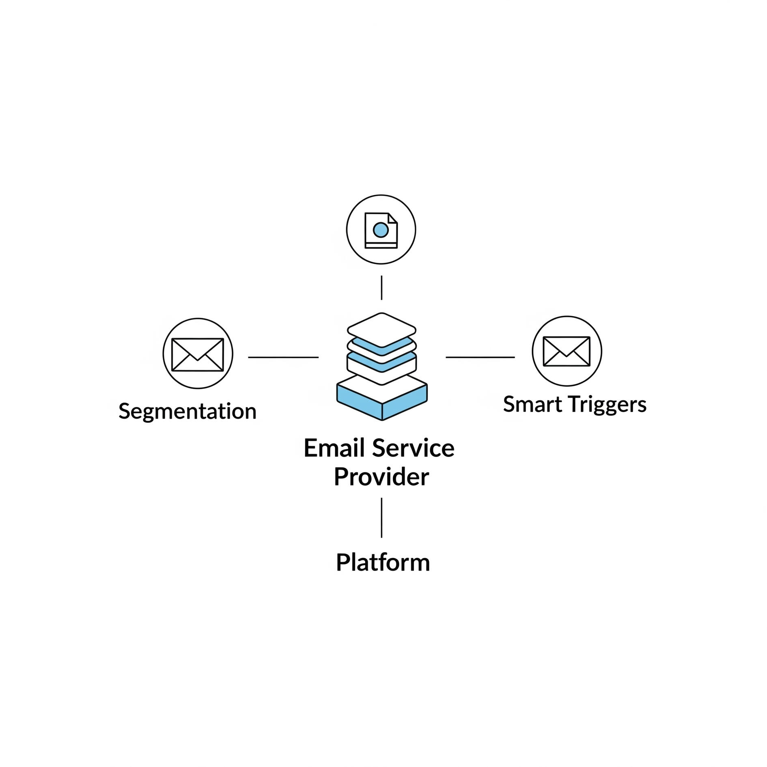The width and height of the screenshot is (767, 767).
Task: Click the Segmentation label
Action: click(x=187, y=411)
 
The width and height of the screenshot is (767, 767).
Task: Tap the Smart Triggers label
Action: click(x=575, y=404)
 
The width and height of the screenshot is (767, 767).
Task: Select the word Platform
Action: click(x=383, y=562)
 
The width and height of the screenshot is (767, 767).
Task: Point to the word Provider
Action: click(x=381, y=477)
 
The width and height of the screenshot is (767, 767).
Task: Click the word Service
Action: click(x=413, y=448)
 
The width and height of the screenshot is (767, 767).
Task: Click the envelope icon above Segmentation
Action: click(x=198, y=354)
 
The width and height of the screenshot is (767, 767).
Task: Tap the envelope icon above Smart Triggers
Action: click(x=567, y=351)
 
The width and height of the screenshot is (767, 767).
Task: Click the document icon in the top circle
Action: click(x=381, y=230)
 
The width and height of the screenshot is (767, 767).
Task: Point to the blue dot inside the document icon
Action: click(x=381, y=230)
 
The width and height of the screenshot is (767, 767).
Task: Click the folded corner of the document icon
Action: click(x=392, y=218)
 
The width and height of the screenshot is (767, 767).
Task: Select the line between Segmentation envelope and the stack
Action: click(x=283, y=358)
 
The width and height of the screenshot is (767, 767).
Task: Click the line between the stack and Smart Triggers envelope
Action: click(x=480, y=358)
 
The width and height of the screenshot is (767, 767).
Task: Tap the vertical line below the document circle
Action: click(x=381, y=288)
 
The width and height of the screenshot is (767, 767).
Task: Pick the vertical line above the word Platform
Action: click(x=381, y=518)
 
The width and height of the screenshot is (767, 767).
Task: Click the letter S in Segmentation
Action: click(x=124, y=411)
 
